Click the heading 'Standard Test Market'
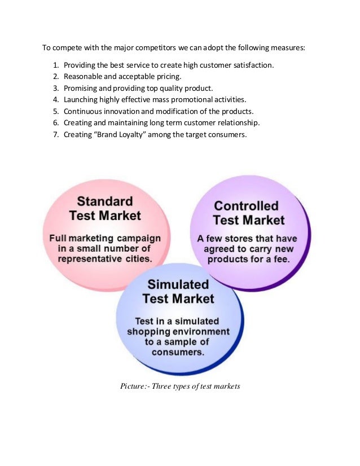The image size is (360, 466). click(105, 208)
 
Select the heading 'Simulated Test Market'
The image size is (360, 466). click(178, 291)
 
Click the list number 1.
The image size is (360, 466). click(56, 65)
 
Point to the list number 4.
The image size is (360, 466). click(56, 99)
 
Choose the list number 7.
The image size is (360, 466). click(56, 134)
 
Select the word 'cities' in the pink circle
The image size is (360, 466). click(137, 260)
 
